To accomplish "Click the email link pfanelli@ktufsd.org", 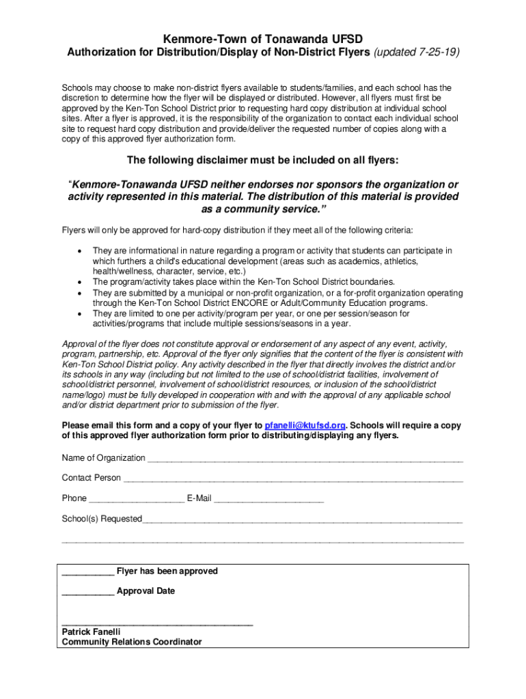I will tap(305, 425).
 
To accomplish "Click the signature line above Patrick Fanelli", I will tap(157, 624).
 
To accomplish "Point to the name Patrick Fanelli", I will tap(91, 632).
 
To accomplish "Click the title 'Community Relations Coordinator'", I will tap(132, 642).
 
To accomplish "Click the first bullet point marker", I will tap(81, 251).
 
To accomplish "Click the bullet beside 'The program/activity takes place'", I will tap(81, 281).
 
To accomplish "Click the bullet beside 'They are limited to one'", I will tap(81, 313).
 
